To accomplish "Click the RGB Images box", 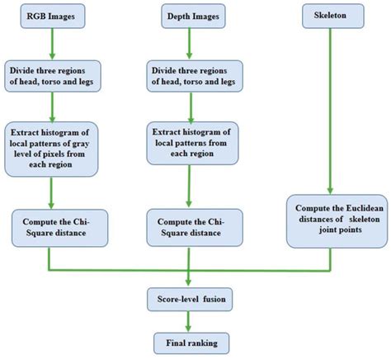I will [52, 17].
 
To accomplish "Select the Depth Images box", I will [192, 17].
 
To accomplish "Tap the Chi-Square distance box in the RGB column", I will [54, 227].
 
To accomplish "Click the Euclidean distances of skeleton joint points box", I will [332, 221].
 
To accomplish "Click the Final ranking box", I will [191, 340].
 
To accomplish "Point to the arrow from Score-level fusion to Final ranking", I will [191, 320].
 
